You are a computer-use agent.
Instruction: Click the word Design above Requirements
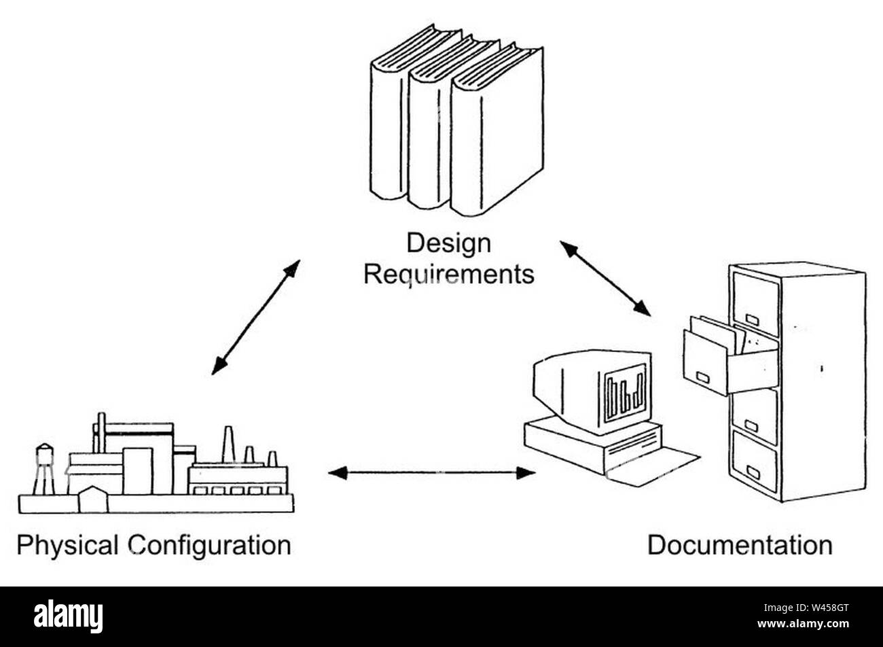click(448, 243)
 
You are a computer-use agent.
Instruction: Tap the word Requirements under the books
click(448, 275)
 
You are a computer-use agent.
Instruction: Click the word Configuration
click(210, 546)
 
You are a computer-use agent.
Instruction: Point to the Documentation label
click(739, 546)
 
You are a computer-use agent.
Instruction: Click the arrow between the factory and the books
click(255, 317)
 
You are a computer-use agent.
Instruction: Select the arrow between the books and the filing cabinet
click(605, 278)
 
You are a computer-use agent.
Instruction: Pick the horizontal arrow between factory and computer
click(431, 472)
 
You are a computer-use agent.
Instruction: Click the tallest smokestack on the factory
click(228, 444)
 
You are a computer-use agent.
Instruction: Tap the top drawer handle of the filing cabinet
click(751, 319)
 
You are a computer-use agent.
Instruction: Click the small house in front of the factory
click(93, 501)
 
